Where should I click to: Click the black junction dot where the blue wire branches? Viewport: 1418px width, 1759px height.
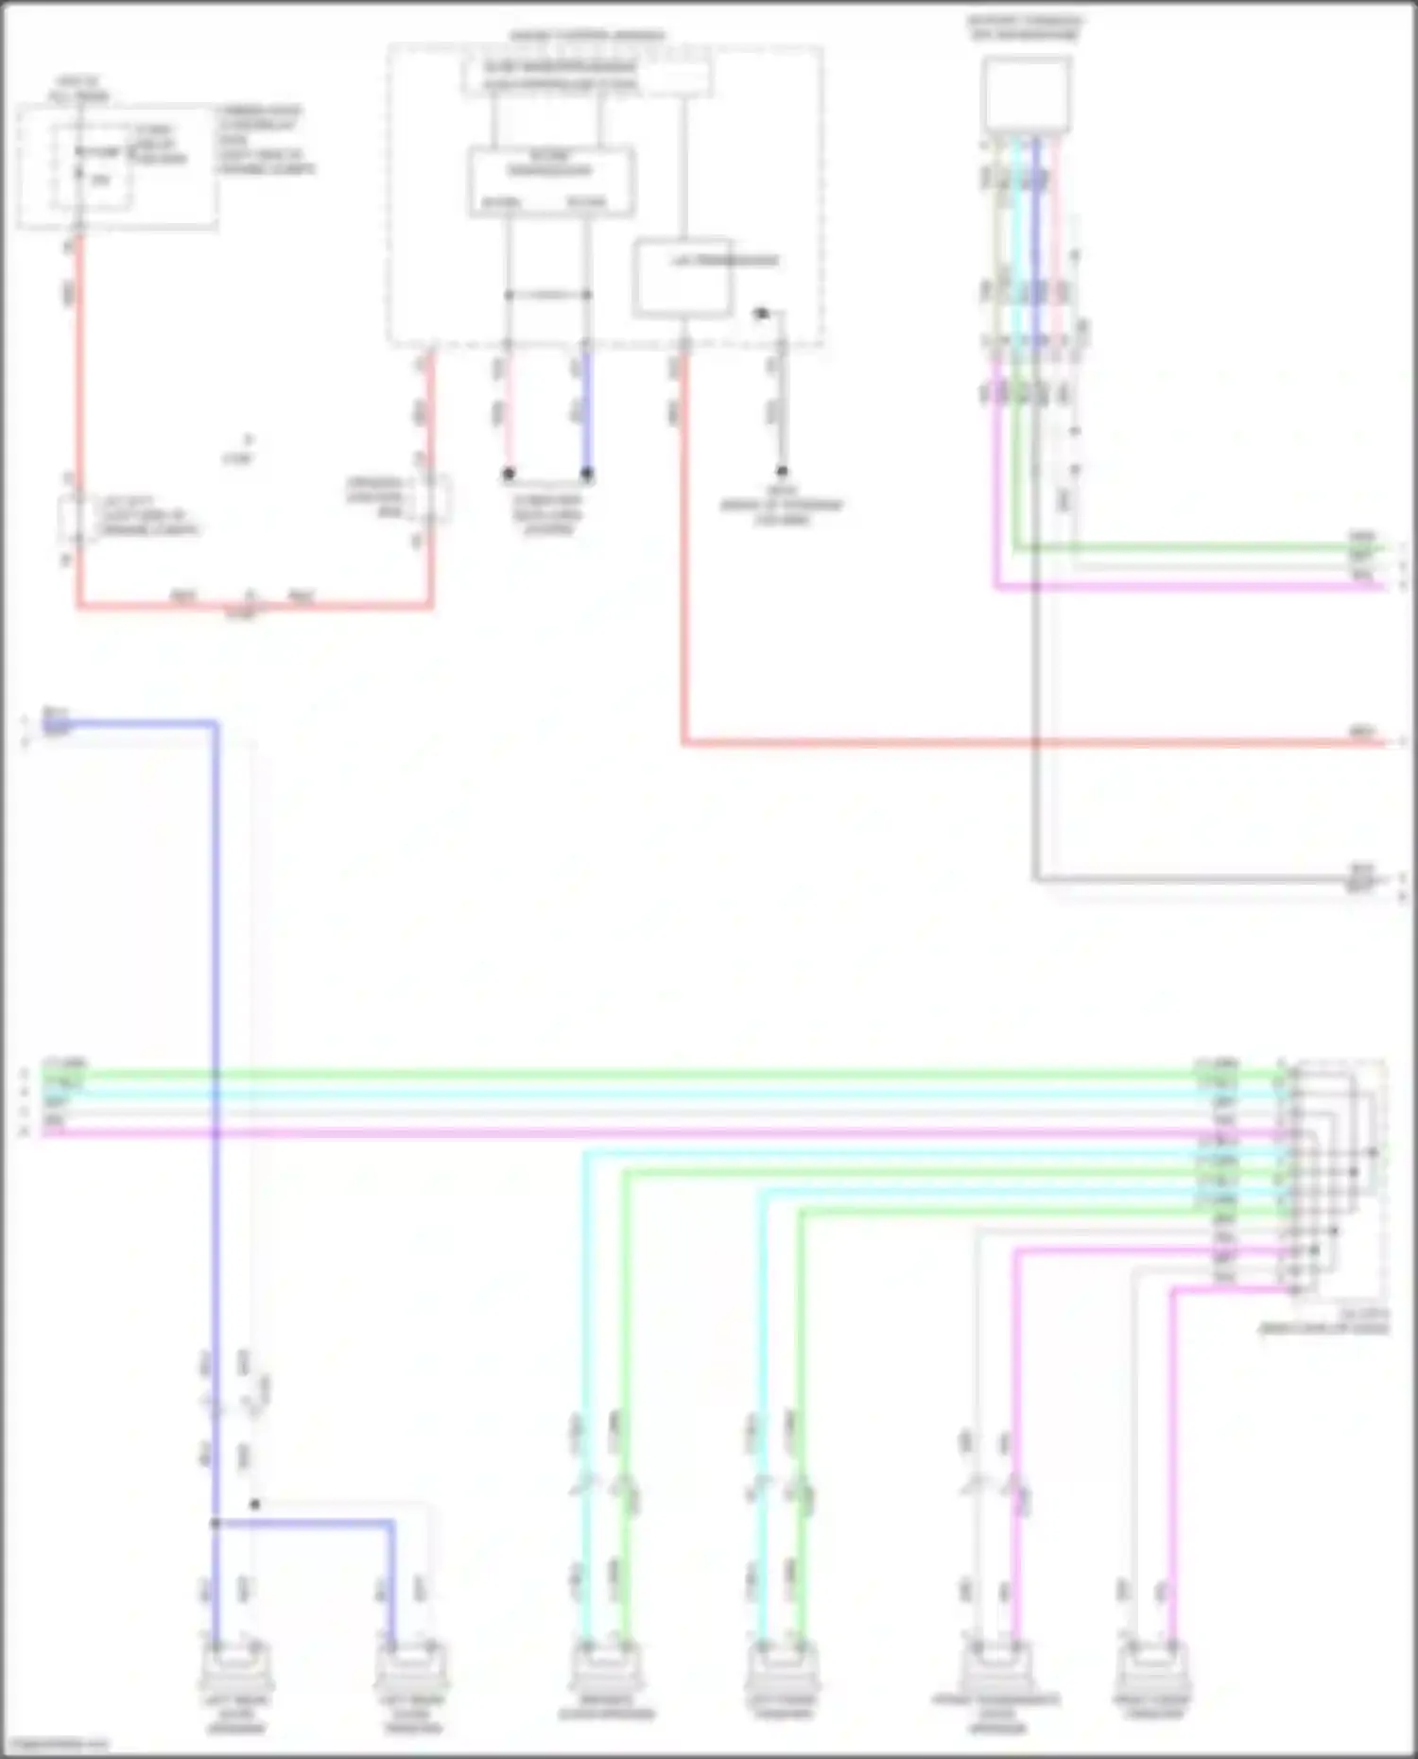(x=216, y=1523)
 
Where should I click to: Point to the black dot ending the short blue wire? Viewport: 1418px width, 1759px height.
(x=587, y=473)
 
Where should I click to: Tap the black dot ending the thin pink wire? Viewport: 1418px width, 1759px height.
(x=509, y=473)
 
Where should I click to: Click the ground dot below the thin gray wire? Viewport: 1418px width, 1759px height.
(x=782, y=471)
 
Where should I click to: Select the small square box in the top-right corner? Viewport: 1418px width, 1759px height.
(x=1027, y=95)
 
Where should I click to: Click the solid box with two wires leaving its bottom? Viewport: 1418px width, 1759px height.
(x=552, y=181)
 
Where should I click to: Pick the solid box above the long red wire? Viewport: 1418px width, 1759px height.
(x=683, y=277)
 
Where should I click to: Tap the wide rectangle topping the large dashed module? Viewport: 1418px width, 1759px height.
(x=586, y=76)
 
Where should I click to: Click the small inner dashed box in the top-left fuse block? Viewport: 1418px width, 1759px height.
(x=92, y=166)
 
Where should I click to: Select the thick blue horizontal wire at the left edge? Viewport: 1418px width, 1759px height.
(x=132, y=725)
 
